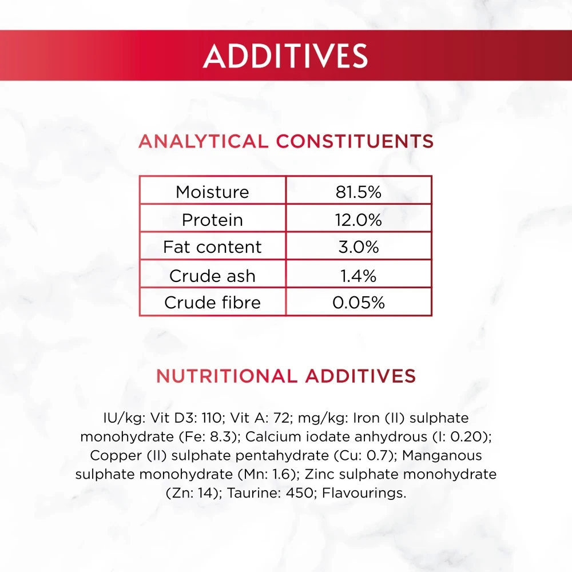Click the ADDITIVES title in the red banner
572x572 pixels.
285,56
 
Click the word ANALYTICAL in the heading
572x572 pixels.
204,141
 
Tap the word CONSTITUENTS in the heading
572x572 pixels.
355,141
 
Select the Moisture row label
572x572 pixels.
212,192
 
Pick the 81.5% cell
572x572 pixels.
359,192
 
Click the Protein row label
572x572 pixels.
212,220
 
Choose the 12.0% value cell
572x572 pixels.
359,220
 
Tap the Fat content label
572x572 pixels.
212,247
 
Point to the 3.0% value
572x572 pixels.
359,247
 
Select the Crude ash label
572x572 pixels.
212,276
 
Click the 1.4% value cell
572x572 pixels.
359,276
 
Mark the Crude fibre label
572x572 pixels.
212,303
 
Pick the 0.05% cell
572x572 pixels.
359,303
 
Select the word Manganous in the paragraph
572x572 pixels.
442,456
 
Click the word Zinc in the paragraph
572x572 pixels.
320,474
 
